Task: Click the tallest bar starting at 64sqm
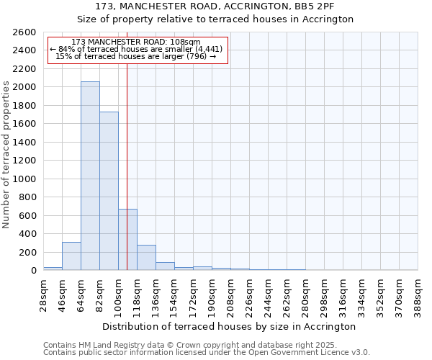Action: tap(90, 176)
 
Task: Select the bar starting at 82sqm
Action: tap(109, 191)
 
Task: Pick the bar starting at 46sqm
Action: tap(71, 256)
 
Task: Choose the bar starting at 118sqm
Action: tap(146, 257)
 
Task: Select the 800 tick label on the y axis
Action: tap(29, 197)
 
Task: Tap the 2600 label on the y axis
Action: tap(26, 32)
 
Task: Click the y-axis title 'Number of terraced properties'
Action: tap(7, 155)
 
